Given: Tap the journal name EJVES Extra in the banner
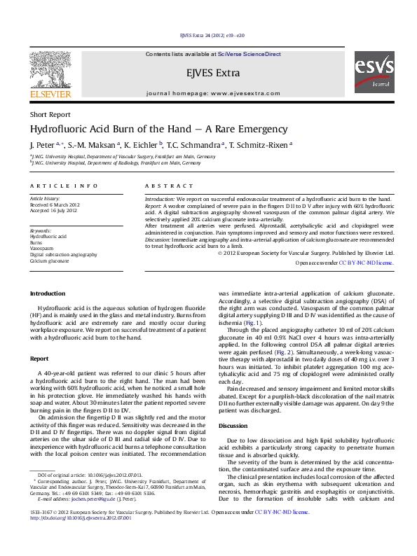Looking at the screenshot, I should click(213, 73).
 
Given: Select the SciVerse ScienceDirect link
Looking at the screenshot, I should click(249, 54).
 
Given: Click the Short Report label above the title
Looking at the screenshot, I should click(50, 114).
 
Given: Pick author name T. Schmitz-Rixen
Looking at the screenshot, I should click(261, 145).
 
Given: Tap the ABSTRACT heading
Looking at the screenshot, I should click(168, 186).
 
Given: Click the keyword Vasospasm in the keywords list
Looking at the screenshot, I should click(41, 249).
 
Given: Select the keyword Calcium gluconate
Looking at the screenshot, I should click(49, 260).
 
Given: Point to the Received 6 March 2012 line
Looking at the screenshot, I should click(55, 204).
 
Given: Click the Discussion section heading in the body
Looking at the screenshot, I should click(233, 426).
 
